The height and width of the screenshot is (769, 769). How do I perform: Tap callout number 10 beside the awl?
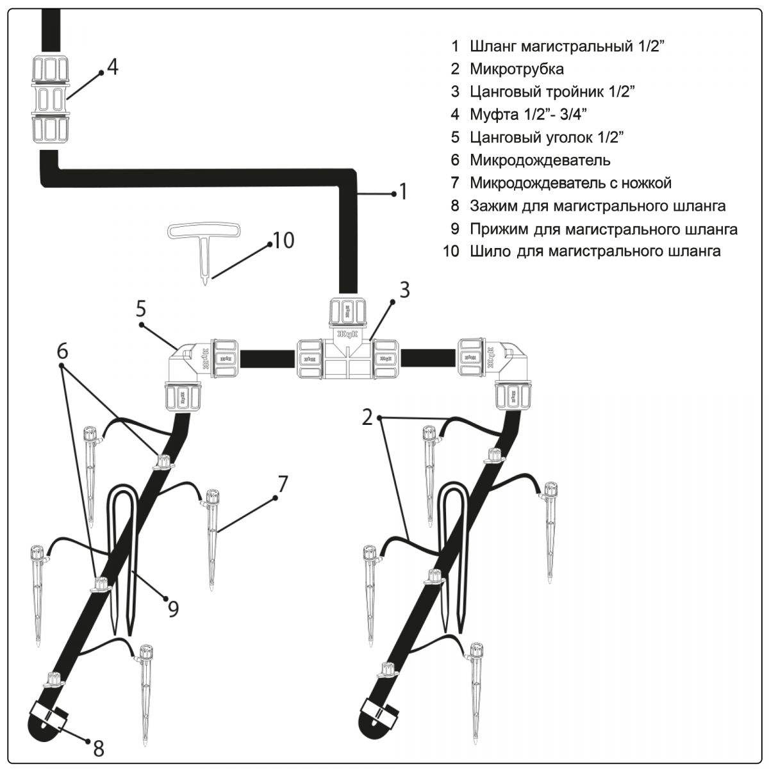click(x=283, y=240)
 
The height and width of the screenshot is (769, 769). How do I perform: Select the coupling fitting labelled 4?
click(x=51, y=99)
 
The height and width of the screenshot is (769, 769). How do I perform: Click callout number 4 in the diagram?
click(x=113, y=67)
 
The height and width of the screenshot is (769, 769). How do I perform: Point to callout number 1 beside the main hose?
click(x=404, y=192)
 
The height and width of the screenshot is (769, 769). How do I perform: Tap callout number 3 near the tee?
click(x=404, y=290)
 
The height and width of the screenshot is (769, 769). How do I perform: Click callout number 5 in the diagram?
click(x=141, y=308)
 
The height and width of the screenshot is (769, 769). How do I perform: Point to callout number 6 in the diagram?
click(x=62, y=352)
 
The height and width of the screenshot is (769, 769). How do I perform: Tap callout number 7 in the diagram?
click(x=283, y=484)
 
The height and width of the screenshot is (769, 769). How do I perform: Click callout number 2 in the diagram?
click(x=367, y=417)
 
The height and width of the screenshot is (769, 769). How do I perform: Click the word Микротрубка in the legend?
click(x=517, y=69)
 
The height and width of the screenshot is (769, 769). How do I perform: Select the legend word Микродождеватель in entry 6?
click(x=540, y=160)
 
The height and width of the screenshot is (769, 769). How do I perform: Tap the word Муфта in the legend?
click(x=494, y=115)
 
